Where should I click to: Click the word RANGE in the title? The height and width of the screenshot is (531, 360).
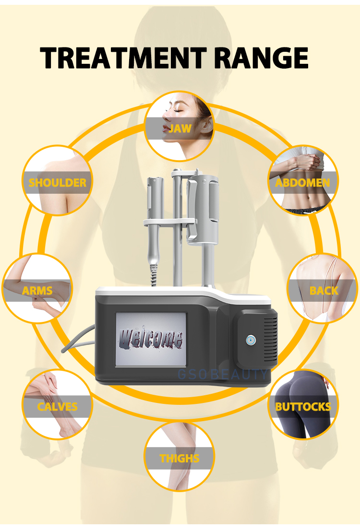tap(260, 58)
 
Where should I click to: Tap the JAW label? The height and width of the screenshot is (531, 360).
tap(180, 129)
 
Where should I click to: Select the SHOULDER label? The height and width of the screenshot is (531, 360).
tap(58, 183)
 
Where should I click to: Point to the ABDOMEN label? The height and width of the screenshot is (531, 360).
tap(302, 183)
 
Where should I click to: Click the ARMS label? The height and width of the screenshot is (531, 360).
tap(37, 291)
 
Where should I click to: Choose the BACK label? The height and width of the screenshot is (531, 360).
tap(324, 291)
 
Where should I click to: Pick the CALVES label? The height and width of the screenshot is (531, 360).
tap(58, 407)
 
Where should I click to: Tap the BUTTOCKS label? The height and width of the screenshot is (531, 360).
tap(303, 407)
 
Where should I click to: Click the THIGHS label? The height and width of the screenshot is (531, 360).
tap(180, 458)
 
